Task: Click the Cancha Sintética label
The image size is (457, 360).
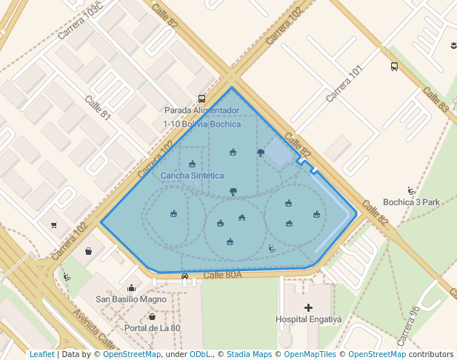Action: point(192,176)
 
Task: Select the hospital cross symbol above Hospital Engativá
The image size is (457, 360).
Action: point(309,307)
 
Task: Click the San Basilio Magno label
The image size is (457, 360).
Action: point(131,300)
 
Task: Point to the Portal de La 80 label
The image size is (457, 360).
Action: point(152,328)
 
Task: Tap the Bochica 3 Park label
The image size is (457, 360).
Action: point(411,202)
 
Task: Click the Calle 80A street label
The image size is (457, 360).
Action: point(223,275)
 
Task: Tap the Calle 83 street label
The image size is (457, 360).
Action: point(436,100)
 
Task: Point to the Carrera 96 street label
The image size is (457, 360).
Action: point(409,325)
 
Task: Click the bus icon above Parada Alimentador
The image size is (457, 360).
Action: point(201,99)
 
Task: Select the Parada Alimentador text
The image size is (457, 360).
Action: point(201,111)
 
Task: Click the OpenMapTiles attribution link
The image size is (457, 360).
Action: point(310,354)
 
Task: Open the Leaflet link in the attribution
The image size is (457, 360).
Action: point(41,354)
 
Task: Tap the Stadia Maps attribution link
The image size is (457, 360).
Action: point(249,354)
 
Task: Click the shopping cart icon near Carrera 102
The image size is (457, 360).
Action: point(53,225)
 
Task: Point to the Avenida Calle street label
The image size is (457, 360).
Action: point(94,329)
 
